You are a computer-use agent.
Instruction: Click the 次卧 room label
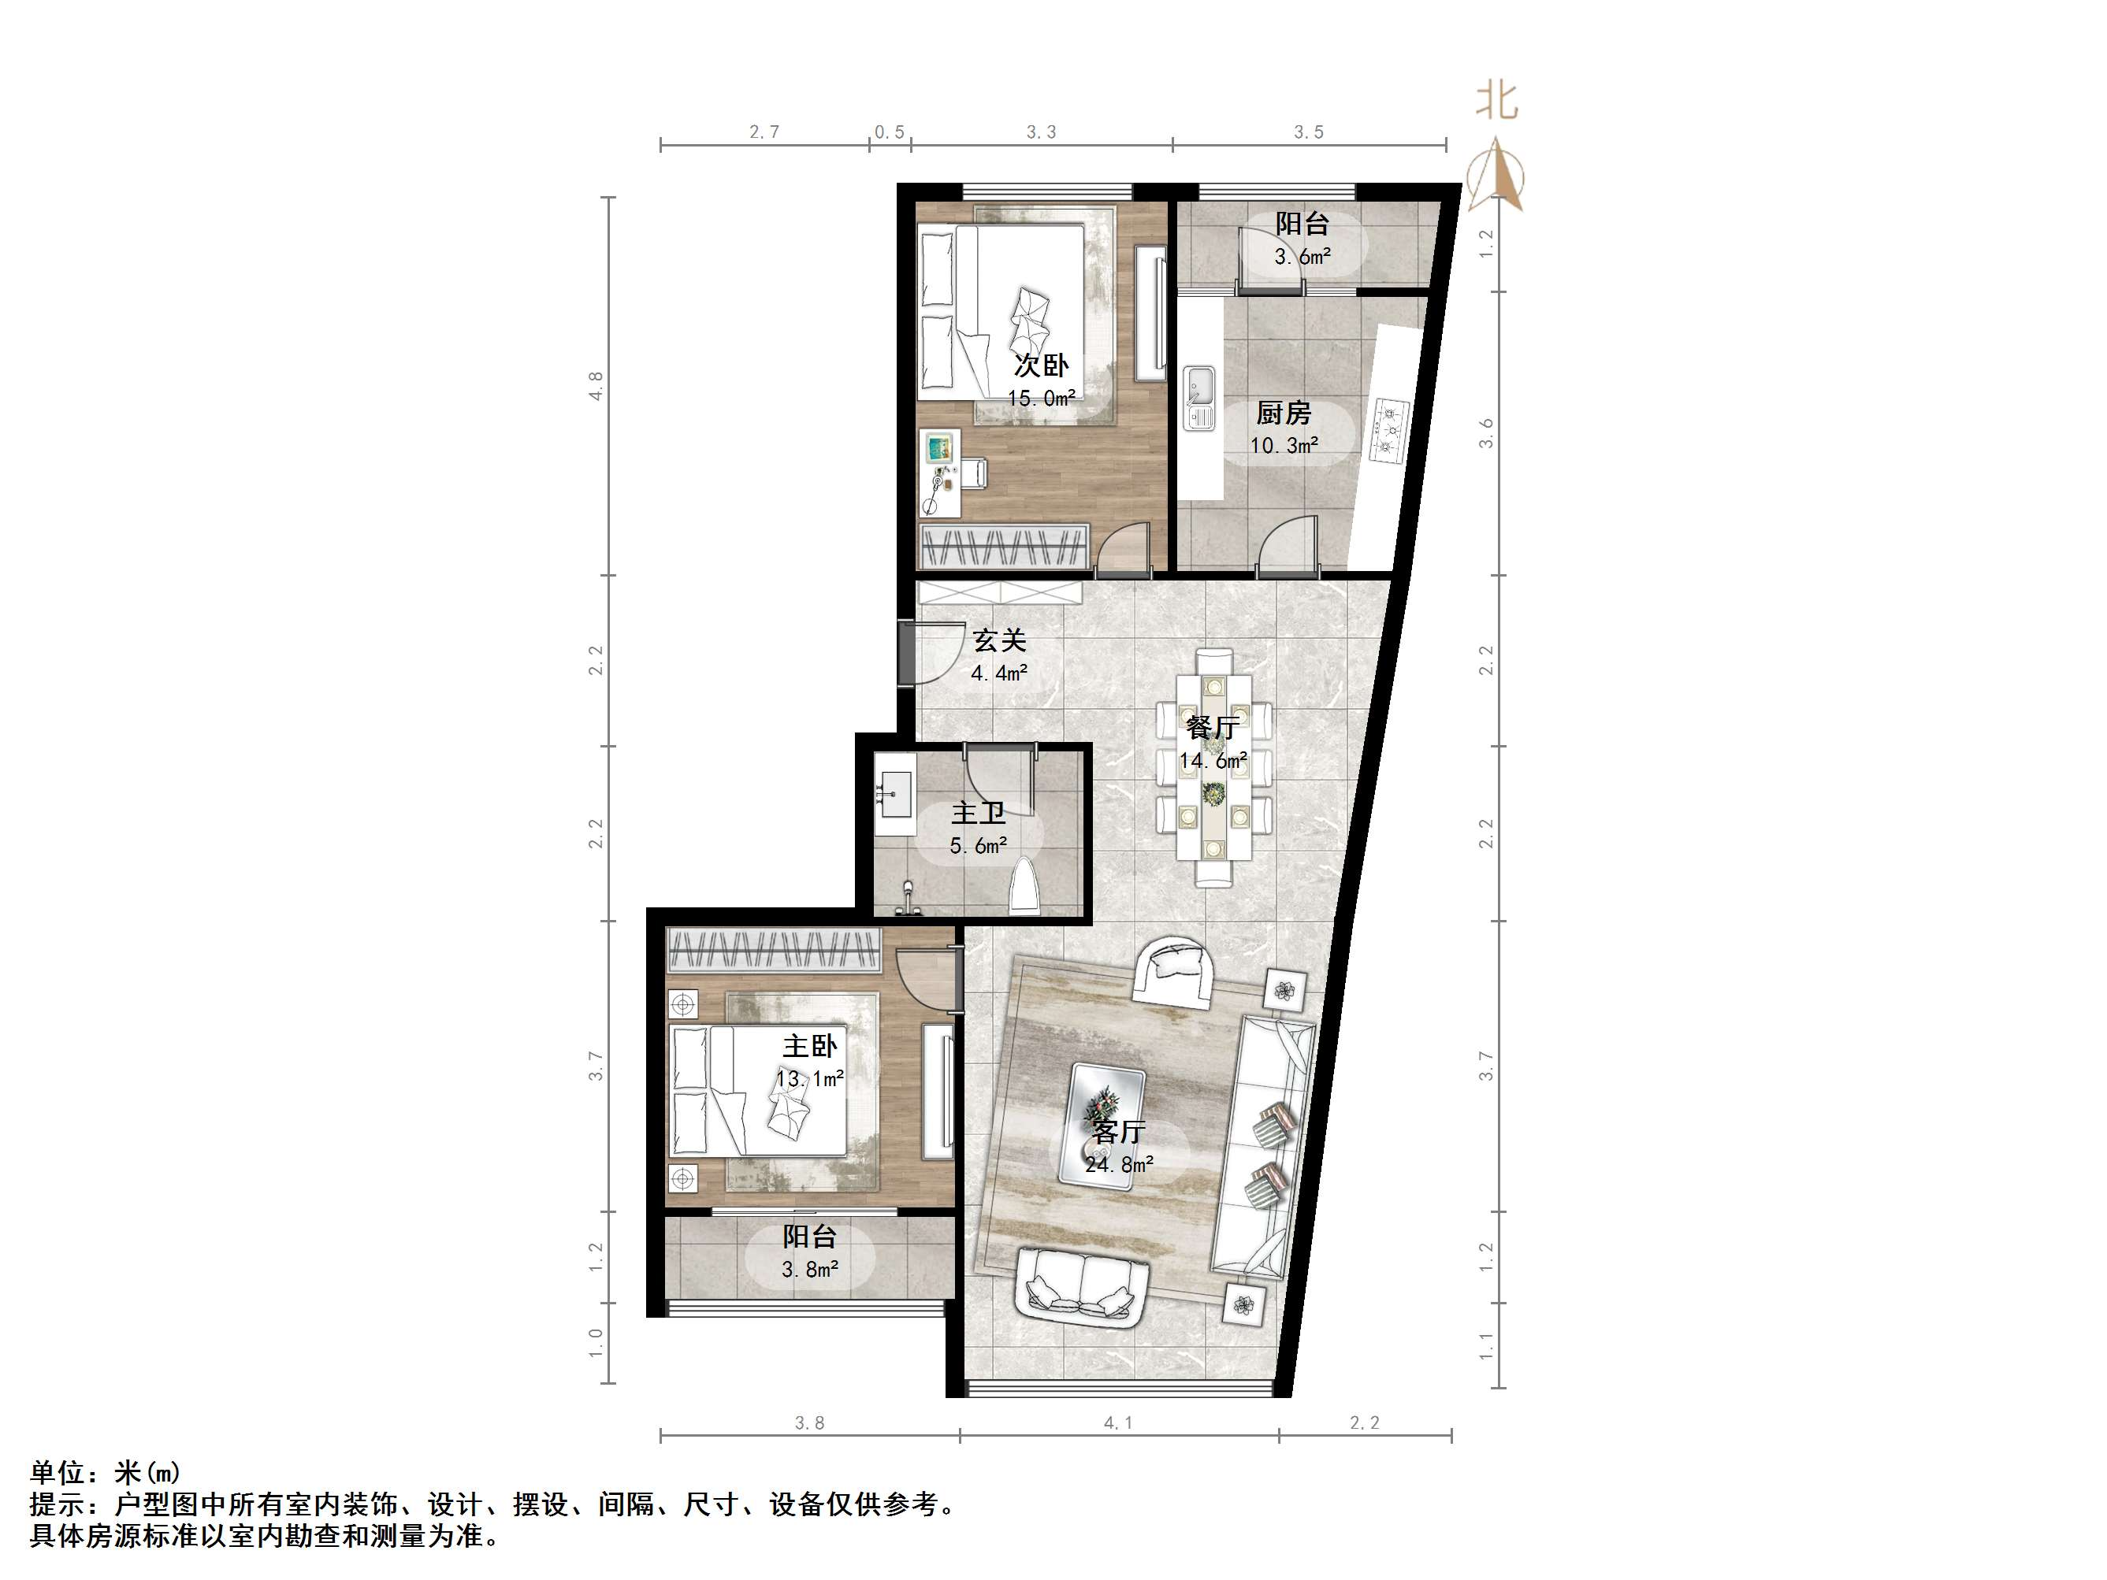[1040, 365]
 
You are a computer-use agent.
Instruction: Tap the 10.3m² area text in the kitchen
[1284, 445]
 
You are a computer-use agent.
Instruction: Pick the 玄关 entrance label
[999, 640]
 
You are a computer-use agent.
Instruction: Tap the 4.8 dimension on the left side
[596, 386]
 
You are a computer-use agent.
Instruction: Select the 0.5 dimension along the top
[890, 132]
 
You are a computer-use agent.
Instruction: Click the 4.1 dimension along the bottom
[1118, 1422]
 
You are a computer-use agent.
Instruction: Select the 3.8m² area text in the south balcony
[810, 1269]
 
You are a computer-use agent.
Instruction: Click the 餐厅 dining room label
[1213, 728]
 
